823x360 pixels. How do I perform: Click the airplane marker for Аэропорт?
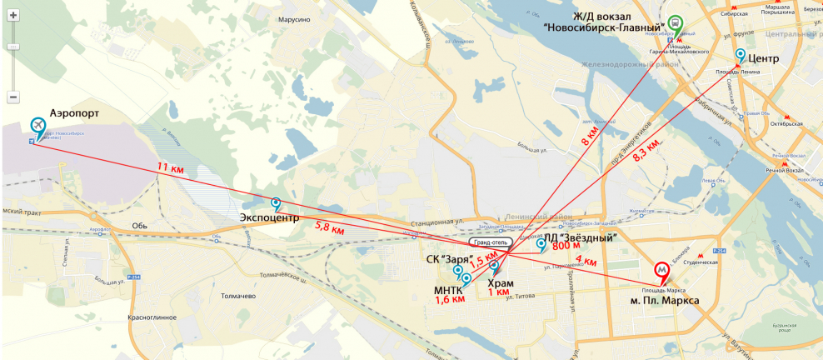point(37,126)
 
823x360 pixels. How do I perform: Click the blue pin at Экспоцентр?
point(276,202)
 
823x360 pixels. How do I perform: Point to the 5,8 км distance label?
point(329,225)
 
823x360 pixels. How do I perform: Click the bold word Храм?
point(500,283)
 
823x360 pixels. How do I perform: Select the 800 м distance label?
point(566,246)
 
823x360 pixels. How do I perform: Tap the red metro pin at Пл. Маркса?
point(661,270)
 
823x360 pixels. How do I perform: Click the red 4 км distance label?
point(586,261)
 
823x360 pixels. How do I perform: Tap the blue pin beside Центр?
point(740,54)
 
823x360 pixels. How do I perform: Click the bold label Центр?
point(764,59)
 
